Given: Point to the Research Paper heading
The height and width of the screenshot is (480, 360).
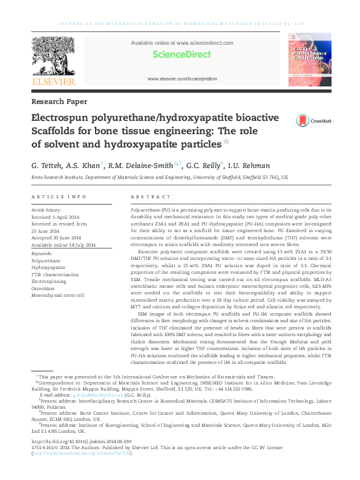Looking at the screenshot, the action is coord(59,102).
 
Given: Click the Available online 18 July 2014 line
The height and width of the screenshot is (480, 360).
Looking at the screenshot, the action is coord(64,245).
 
